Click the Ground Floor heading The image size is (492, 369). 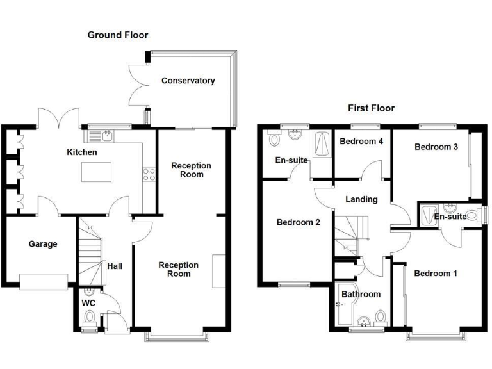pos(118,35)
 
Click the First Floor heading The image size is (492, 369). pos(372,108)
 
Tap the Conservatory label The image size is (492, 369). pos(188,81)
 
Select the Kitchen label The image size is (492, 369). pos(83,152)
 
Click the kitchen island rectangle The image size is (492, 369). pos(95,172)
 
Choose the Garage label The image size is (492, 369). pos(43,244)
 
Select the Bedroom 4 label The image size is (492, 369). pos(361,141)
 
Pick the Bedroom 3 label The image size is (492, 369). pos(436,147)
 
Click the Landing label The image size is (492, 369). pos(361,199)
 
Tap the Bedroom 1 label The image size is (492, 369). pos(436,274)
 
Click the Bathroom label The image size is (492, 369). pos(361,295)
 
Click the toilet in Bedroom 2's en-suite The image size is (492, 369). pos(275,138)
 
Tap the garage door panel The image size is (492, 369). pos(44,281)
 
